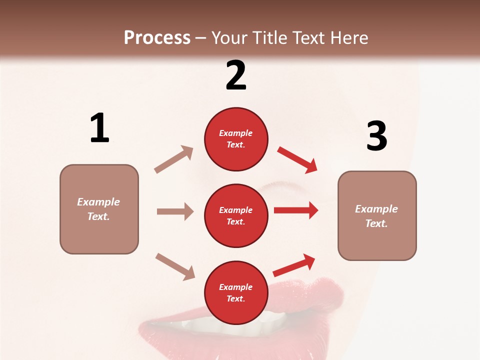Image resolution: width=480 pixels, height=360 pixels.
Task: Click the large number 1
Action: coord(99,128)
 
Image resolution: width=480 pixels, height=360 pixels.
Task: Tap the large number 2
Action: coord(236,75)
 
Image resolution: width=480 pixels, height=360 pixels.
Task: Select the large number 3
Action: coord(376,136)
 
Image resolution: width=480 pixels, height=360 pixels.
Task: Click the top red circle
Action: coord(236,139)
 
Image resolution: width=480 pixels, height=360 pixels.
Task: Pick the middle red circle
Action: coord(236,215)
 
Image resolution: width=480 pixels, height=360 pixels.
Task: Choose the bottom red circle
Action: coord(236,292)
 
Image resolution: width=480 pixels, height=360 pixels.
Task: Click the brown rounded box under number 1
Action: coord(99,209)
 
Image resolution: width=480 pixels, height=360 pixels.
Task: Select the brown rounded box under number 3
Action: coord(377,215)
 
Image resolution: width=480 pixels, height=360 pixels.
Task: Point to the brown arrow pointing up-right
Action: coord(174,159)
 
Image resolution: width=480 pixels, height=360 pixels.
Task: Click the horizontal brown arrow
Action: coord(175,211)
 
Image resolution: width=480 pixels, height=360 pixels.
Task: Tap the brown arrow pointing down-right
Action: coord(175,266)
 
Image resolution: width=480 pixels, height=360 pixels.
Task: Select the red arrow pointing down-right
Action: coord(297,159)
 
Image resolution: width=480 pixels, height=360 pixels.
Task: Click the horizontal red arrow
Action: coord(296,210)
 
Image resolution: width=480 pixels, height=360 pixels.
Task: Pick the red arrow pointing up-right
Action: coord(294,265)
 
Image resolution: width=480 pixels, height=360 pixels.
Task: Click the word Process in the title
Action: coord(157,37)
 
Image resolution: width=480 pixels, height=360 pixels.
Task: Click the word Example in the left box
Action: coord(98,202)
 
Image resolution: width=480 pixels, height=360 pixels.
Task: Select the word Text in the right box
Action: coord(376,223)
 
